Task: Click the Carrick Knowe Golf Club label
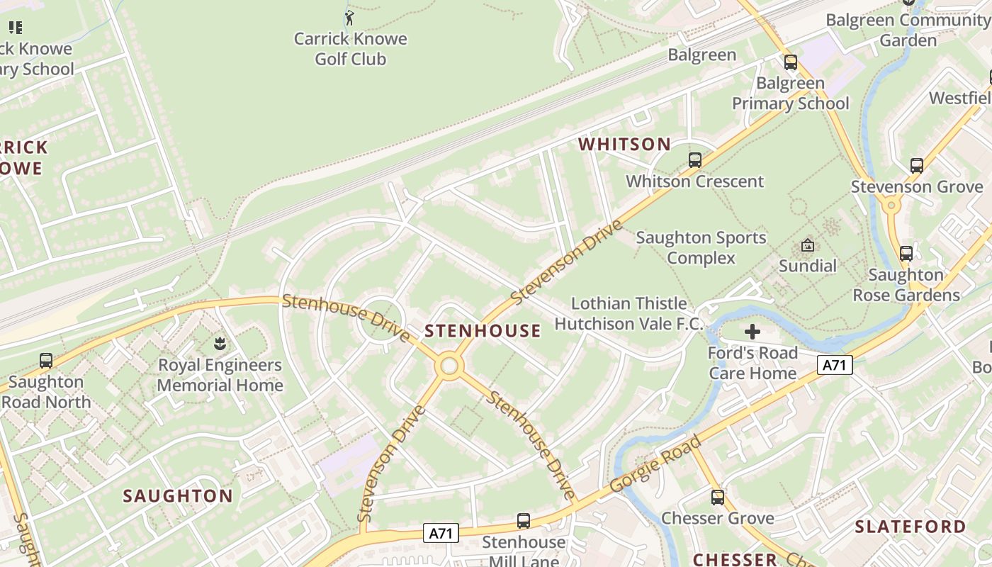(x=350, y=49)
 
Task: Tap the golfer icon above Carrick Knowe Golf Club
(x=349, y=17)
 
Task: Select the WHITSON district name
(x=624, y=145)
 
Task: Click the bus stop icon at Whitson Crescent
(x=694, y=160)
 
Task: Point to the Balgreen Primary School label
(x=790, y=94)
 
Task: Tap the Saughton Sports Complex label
(x=701, y=248)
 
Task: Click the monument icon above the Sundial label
(x=807, y=245)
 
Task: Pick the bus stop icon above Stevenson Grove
(x=916, y=166)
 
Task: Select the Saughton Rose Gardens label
(x=906, y=285)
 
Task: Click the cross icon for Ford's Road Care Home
(x=752, y=332)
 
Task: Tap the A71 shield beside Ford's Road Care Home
(x=835, y=365)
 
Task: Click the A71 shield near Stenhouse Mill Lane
(x=441, y=533)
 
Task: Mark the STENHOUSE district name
(x=483, y=331)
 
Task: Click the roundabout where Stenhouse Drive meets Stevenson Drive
(x=449, y=366)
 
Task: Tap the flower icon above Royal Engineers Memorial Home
(x=220, y=344)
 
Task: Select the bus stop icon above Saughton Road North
(x=46, y=361)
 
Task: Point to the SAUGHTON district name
(x=178, y=496)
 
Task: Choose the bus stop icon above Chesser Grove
(x=717, y=498)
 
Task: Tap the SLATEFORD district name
(x=910, y=527)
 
